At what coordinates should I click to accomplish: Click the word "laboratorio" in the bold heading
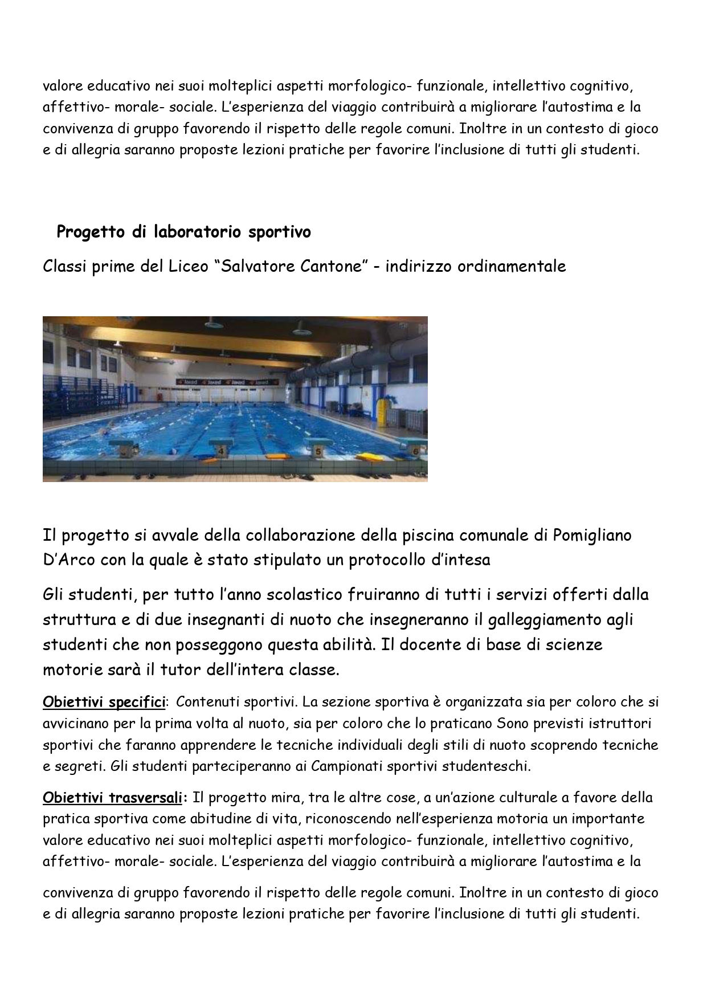[189, 232]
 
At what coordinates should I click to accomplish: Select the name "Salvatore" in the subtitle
[256, 266]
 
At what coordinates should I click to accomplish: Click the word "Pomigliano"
[592, 536]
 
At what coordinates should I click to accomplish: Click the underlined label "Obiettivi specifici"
[104, 703]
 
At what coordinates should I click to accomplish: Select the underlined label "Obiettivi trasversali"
[112, 798]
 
